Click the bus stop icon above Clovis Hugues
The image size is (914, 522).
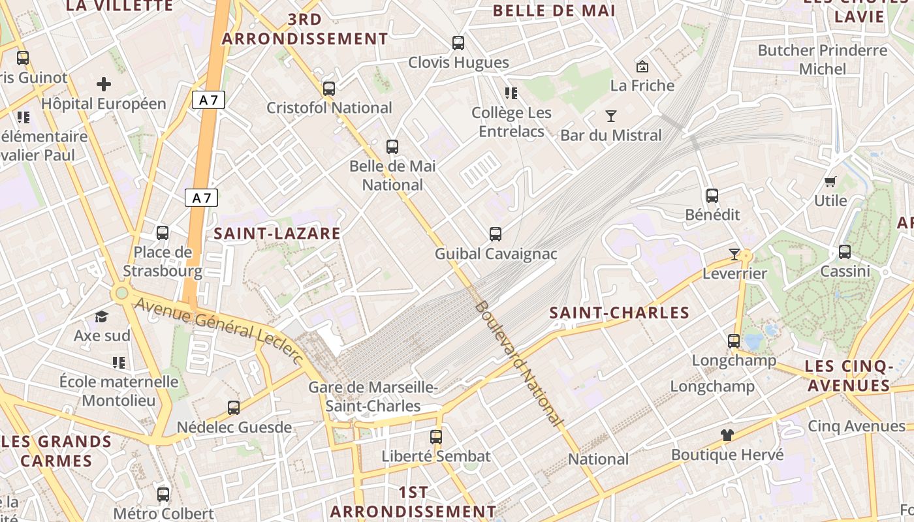[x=458, y=43]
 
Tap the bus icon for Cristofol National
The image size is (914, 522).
[x=329, y=88]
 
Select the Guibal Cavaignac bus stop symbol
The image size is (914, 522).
[x=496, y=234]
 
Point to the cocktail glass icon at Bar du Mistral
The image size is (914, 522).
[x=611, y=116]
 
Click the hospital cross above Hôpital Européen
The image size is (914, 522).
[x=104, y=84]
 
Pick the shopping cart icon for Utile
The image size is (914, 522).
[x=830, y=181]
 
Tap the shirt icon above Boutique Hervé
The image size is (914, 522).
[x=727, y=435]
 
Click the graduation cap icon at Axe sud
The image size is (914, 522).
[x=101, y=316]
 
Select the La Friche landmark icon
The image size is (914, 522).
[x=642, y=66]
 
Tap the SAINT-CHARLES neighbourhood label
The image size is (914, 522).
[x=620, y=313]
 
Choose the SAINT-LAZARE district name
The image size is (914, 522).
[x=277, y=234]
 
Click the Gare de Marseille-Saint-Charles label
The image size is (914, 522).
[x=373, y=397]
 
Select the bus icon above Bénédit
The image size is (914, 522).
[x=712, y=195]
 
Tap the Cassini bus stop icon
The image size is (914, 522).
[x=845, y=251]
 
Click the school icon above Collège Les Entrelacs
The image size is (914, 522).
[x=511, y=93]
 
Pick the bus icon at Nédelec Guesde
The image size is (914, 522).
[x=234, y=408]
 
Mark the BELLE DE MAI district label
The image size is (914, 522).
[x=554, y=10]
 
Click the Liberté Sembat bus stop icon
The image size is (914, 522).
[x=436, y=437]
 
